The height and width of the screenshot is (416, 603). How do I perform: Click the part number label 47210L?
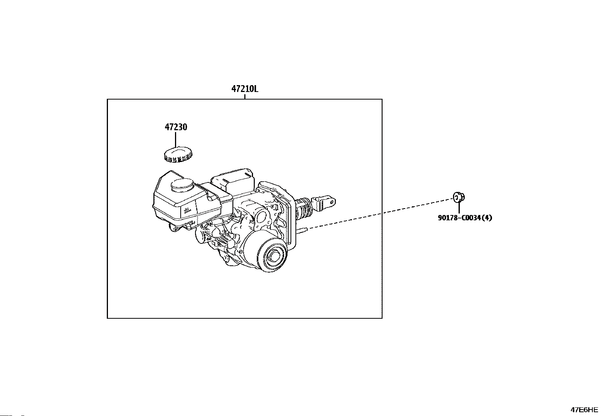(x=245, y=89)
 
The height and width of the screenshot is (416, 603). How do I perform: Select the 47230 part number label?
(x=176, y=127)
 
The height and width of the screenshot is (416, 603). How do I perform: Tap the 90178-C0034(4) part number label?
(x=465, y=218)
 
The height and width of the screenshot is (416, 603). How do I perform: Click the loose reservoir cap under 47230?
(x=178, y=154)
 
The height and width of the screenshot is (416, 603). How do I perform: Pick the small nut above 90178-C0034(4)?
(x=459, y=197)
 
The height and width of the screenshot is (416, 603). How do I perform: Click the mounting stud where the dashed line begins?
(x=301, y=229)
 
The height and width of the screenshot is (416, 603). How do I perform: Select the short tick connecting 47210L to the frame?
(x=245, y=97)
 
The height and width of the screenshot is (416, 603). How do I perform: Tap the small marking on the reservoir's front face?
(x=187, y=210)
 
